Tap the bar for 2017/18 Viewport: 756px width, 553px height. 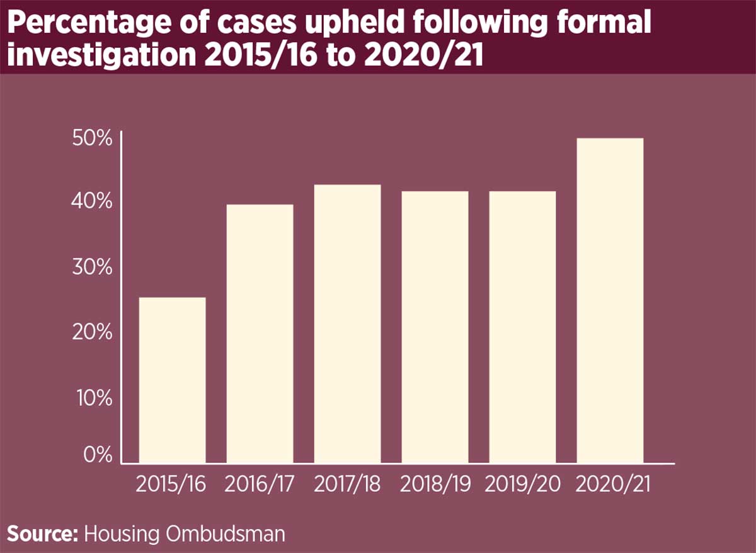coord(347,324)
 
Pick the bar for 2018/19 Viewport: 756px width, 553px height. coord(435,328)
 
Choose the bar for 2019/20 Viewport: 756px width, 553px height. coord(522,328)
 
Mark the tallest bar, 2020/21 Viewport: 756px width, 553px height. coord(610,300)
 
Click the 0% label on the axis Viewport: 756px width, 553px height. coord(98,454)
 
